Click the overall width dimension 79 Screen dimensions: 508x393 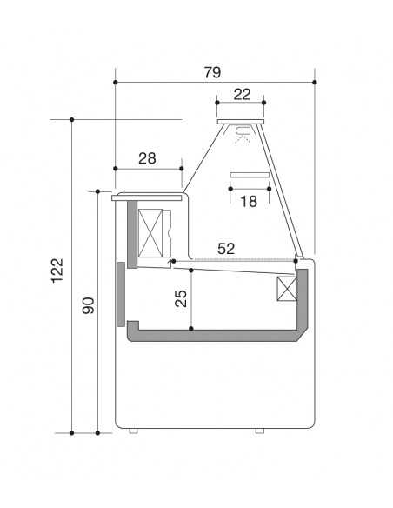[212, 72]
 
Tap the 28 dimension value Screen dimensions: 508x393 [147, 157]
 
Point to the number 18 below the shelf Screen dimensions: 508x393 [248, 202]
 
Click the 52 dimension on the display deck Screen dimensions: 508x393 [226, 249]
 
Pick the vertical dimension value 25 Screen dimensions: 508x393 [180, 298]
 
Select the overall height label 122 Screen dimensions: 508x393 [57, 274]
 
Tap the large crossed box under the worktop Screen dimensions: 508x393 [153, 233]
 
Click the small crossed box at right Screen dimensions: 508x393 [287, 290]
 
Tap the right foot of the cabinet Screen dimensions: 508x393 [260, 430]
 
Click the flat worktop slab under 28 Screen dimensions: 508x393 [148, 197]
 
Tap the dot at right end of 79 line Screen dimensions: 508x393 [314, 83]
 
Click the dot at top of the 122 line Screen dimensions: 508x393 [71, 119]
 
